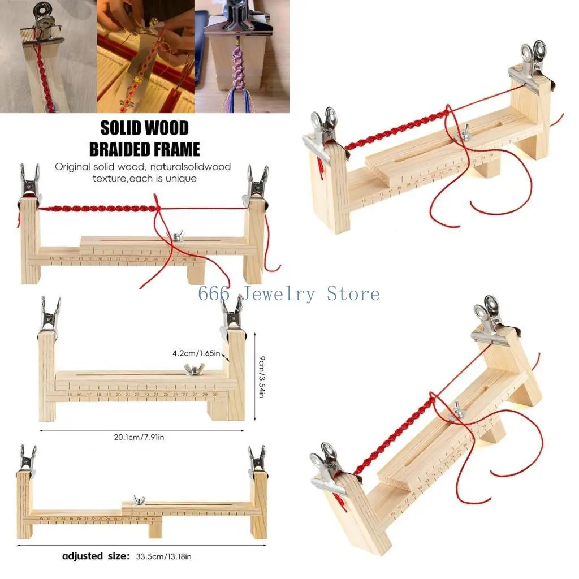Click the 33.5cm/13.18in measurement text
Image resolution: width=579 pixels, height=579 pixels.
coord(164,556)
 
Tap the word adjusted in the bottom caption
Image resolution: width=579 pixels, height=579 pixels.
coord(83,556)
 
